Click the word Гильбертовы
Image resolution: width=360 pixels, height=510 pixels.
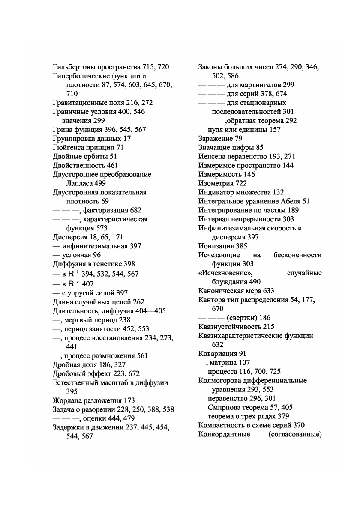[74, 67]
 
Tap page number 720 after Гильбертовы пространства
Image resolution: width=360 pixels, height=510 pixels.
[163, 67]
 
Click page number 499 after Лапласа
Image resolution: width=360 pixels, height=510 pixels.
[100, 183]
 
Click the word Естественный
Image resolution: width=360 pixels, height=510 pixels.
[77, 382]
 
